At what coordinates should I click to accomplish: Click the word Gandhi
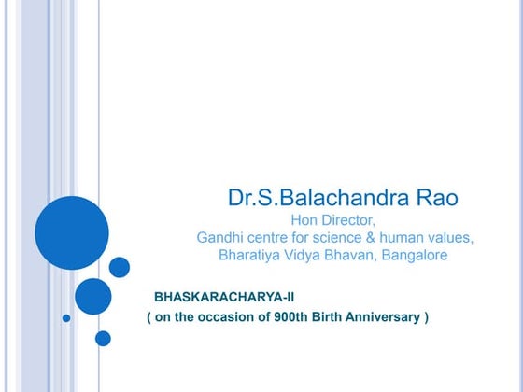pos(220,238)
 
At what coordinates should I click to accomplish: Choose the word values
pos(451,238)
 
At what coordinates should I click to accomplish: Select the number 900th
pos(281,317)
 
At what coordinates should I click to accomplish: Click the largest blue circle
pos(72,232)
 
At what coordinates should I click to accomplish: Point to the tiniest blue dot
pos(66,318)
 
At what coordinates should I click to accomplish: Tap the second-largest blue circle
pos(92,296)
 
